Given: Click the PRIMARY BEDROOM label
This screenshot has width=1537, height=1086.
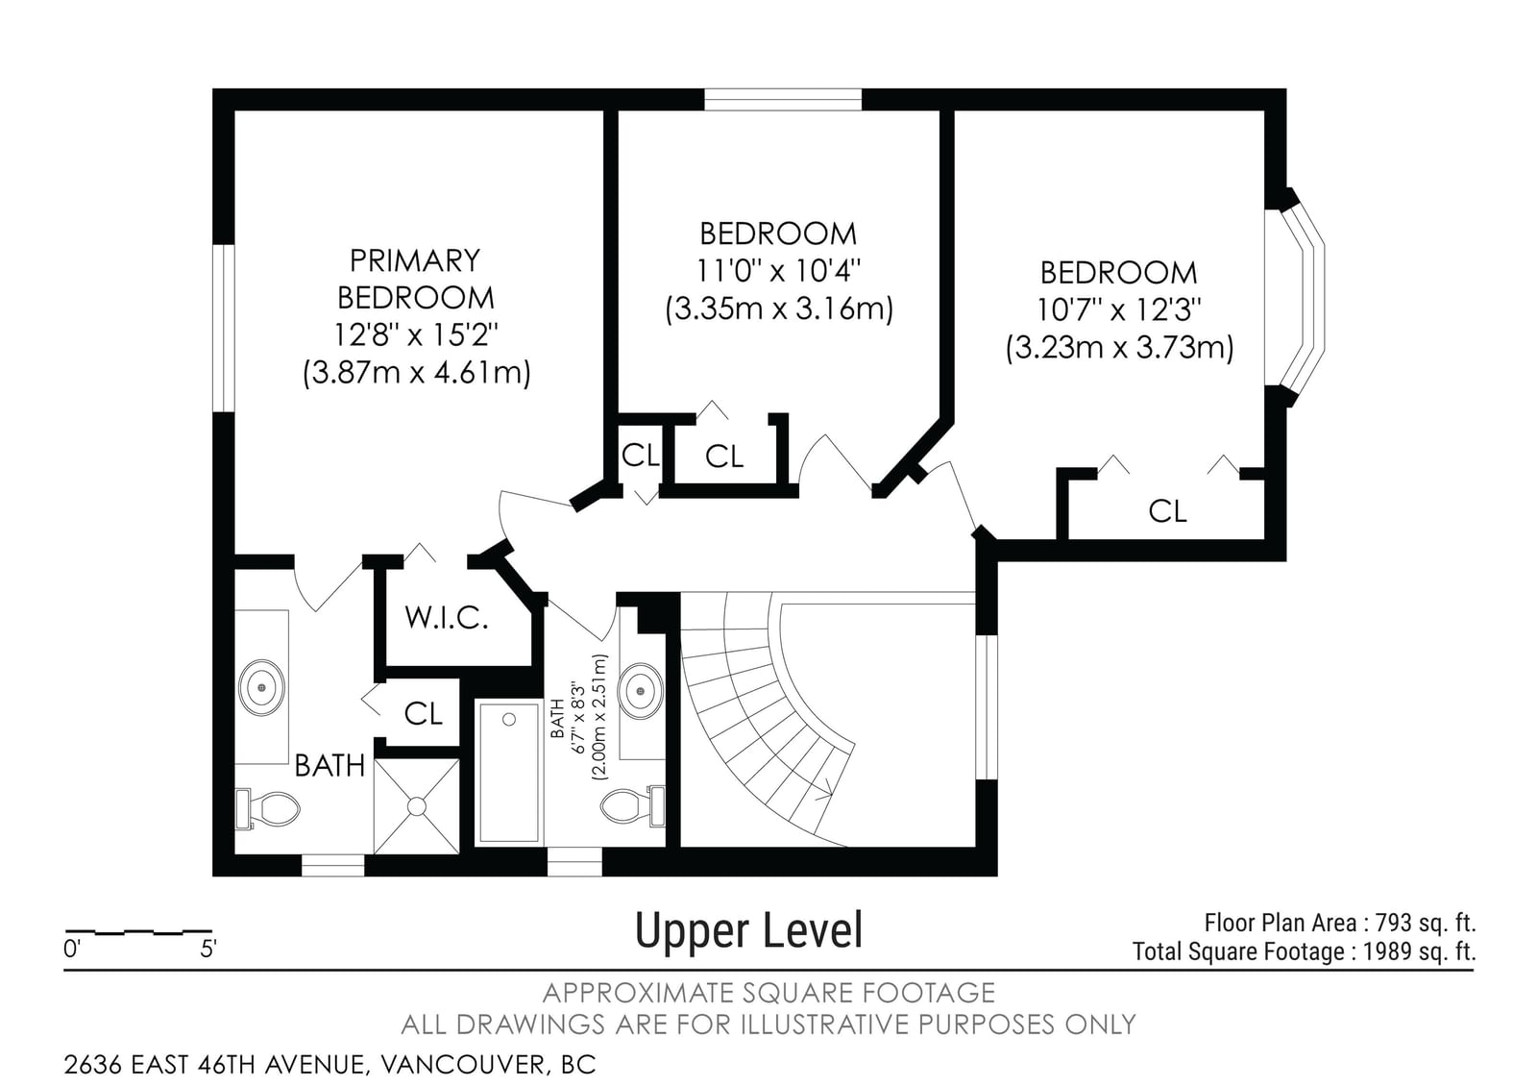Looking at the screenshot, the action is pos(416,279).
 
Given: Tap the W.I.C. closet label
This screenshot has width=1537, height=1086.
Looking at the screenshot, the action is pos(446,618).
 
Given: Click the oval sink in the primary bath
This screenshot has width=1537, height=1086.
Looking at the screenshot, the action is pos(261,688).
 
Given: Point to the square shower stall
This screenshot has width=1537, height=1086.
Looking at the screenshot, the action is pos(417,806).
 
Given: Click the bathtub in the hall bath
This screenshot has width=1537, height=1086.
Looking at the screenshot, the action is pos(509,773).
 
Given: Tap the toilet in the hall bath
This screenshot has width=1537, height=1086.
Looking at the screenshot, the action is pos(633,806).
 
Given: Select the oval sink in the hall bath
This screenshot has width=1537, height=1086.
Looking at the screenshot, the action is pos(640,691).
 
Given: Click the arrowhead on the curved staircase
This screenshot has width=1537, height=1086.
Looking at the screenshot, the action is pos(825,788).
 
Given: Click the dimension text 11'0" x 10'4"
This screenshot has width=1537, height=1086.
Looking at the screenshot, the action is pos(778,271).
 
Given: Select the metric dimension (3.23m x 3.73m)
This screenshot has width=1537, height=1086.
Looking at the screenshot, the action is pos(1119,347).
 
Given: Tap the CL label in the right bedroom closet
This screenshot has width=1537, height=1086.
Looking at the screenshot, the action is pos(1167,511).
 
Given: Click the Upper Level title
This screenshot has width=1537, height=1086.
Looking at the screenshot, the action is pos(748,931).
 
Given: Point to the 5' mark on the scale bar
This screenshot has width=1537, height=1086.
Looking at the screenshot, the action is pos(207,950).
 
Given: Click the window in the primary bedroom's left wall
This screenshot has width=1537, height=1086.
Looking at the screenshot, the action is pos(224,328).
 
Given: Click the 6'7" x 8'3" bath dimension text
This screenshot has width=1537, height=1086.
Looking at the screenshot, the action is pos(578,719).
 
